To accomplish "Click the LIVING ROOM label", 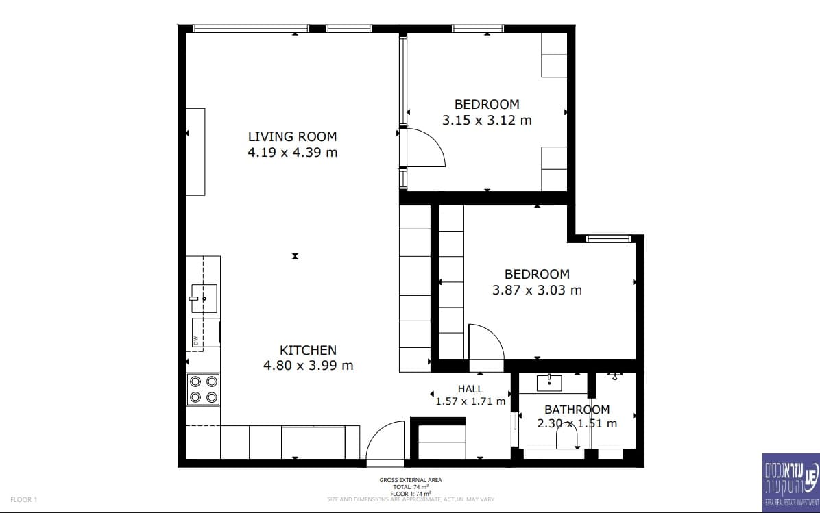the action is pos(292,137).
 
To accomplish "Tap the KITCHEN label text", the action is pos(308,350).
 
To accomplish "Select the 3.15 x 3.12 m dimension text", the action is pos(487,121).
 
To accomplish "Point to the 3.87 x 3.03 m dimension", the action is pos(537,290).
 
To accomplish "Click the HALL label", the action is pos(470,388).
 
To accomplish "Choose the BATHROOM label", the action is pos(577,410).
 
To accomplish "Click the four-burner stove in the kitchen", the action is pos(204,390).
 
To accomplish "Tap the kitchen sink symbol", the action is pos(204,299).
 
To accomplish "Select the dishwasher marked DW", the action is pos(205,332).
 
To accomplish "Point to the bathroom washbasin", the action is pos(549,382).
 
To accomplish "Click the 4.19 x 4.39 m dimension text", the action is pos(292,153).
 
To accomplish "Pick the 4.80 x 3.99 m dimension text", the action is pos(308,366).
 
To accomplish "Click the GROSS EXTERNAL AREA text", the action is pos(411,480).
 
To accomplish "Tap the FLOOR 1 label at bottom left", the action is pos(23,499).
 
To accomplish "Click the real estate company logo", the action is pos(791,483).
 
